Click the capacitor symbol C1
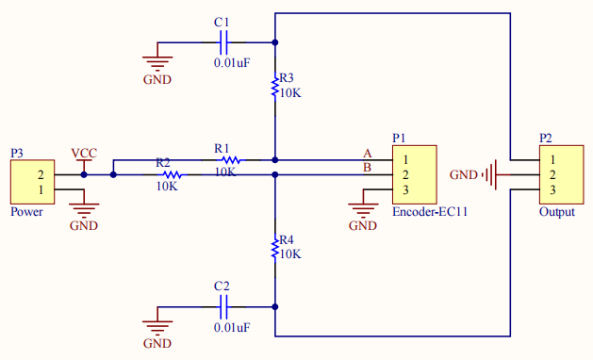(x=223, y=41)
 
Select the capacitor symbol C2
(x=223, y=306)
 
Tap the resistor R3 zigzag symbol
(x=274, y=87)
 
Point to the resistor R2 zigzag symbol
(x=171, y=174)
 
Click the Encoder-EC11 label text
(x=430, y=212)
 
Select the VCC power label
(x=84, y=153)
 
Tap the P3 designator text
(x=17, y=152)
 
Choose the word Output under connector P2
(x=556, y=212)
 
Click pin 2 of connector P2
(x=552, y=174)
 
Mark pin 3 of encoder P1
(x=404, y=190)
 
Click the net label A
(x=368, y=153)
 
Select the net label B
(x=368, y=168)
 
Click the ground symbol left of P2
(x=489, y=174)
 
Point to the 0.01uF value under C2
(x=231, y=327)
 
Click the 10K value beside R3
(x=289, y=93)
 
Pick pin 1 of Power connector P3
(x=40, y=190)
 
